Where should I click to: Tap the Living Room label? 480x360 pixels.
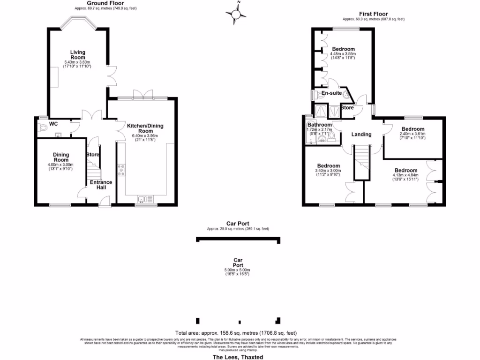pos(77,55)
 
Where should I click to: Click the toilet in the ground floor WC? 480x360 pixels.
pos(44,126)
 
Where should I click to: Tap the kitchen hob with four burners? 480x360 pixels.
pos(122,170)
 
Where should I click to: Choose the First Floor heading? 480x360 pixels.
pos(373,14)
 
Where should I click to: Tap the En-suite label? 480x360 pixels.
pos(331,93)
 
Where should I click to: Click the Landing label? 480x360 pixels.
pos(361,135)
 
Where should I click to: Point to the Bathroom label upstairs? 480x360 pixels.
pos(320,125)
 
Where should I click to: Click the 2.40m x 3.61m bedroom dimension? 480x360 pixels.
pos(412,136)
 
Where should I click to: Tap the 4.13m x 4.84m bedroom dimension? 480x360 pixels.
pos(406,178)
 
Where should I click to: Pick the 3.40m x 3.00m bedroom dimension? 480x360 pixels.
pos(328,173)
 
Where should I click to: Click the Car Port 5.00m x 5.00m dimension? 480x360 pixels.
pos(238,272)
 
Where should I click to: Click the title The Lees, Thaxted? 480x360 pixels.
pos(238,357)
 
